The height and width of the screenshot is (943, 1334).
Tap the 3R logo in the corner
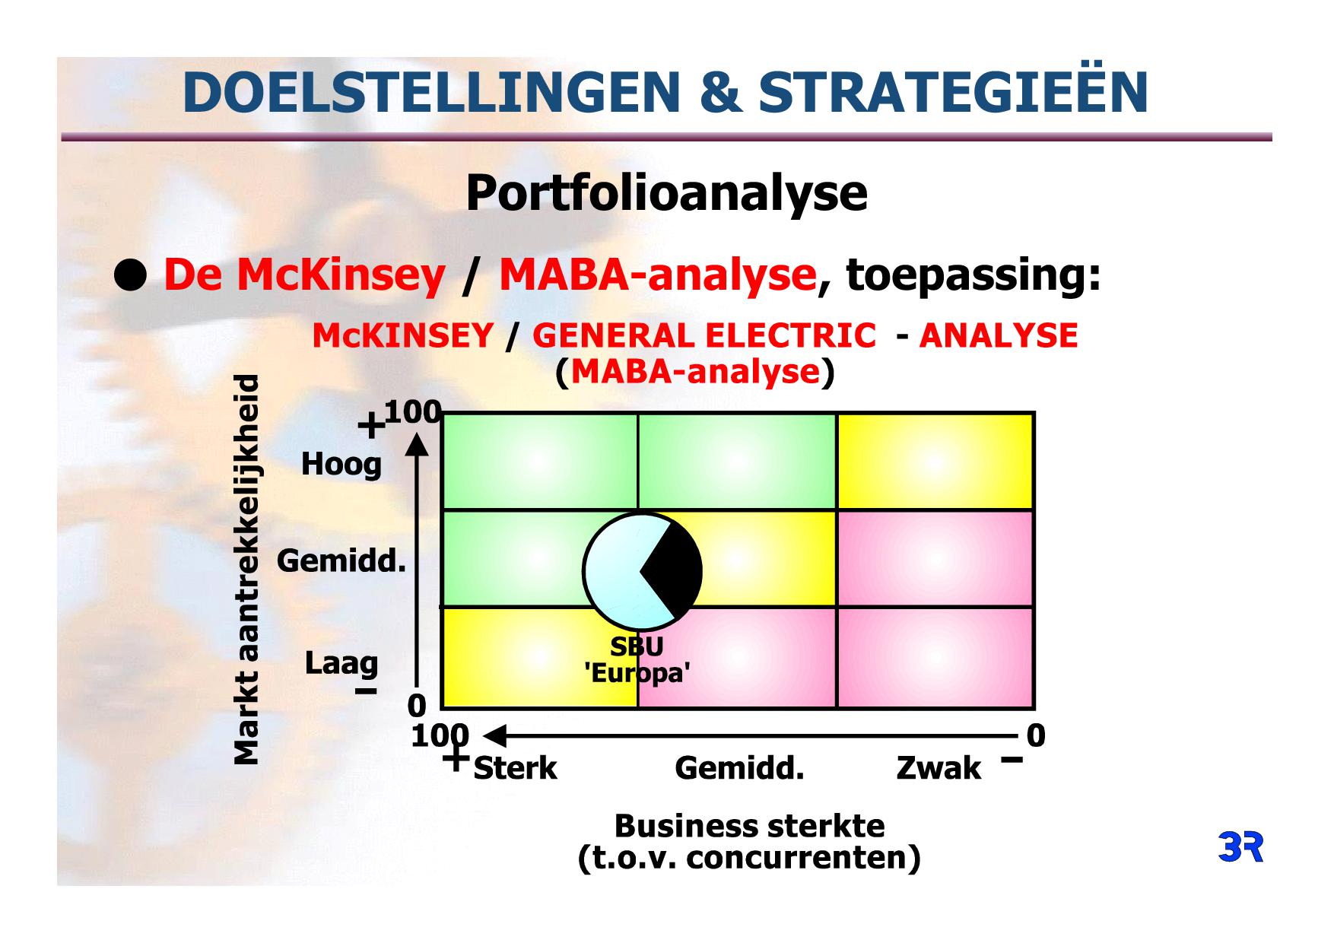(x=1240, y=847)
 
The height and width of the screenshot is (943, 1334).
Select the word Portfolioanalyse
(x=666, y=193)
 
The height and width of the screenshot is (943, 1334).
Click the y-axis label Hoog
(x=341, y=464)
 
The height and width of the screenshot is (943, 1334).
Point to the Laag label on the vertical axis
(x=341, y=662)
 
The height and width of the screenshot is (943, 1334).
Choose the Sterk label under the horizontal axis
(x=515, y=768)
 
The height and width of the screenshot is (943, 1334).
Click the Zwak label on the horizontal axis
(x=939, y=768)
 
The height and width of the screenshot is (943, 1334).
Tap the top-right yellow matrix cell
(x=935, y=462)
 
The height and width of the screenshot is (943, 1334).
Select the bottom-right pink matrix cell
(x=935, y=658)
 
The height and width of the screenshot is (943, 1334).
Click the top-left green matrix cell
(x=539, y=462)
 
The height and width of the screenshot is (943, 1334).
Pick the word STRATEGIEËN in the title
(x=954, y=92)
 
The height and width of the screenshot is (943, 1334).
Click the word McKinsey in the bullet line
(x=341, y=275)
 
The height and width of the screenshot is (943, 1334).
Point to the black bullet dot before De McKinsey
(x=130, y=277)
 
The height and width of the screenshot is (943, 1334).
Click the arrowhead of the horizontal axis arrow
(x=494, y=736)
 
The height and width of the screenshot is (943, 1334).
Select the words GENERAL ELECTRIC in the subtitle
(x=704, y=335)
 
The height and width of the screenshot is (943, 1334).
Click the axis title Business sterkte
(x=749, y=826)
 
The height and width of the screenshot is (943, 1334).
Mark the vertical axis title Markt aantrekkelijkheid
(x=246, y=570)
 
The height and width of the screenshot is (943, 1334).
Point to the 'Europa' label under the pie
(x=637, y=674)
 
